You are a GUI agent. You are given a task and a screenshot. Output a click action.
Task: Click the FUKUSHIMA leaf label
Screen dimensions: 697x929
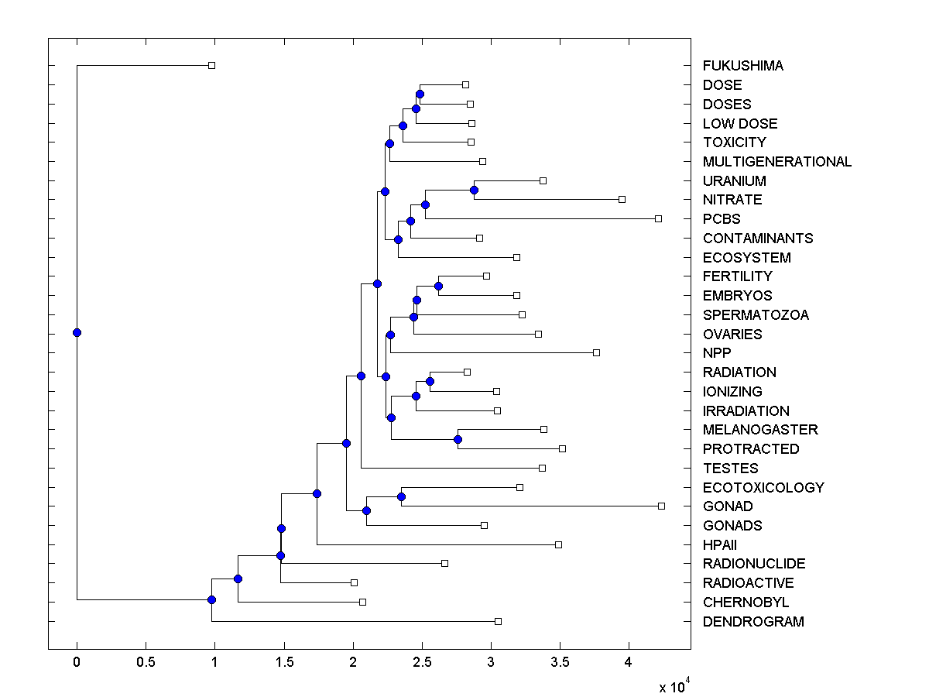742,66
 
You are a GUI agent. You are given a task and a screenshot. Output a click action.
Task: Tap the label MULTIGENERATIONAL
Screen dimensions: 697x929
776,162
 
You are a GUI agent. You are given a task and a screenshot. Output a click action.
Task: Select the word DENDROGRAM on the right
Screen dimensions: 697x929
752,622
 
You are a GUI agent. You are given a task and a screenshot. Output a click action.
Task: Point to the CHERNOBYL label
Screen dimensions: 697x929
746,603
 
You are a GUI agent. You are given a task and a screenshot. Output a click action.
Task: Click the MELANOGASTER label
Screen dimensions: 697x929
759,430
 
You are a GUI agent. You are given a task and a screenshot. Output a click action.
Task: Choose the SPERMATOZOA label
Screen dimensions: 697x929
755,315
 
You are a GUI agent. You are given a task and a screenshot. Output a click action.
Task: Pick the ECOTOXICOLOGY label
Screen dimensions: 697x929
763,488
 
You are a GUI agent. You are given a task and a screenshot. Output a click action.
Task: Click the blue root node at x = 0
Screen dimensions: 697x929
77,333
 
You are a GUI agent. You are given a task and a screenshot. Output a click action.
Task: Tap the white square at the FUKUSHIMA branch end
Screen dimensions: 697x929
211,66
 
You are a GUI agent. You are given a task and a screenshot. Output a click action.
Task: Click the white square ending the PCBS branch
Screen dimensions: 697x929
658,219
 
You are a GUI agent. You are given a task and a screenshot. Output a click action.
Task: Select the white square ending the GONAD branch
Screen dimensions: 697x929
661,506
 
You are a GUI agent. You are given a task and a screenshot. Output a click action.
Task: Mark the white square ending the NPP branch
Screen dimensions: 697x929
596,353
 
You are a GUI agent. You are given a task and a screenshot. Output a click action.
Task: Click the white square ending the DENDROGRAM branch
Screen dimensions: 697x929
498,622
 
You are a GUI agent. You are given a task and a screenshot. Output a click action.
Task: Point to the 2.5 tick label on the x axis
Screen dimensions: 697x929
422,662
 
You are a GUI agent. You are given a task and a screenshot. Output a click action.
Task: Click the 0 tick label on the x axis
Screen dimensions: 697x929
77,662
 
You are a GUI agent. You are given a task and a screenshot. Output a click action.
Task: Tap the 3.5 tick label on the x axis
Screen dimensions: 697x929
560,662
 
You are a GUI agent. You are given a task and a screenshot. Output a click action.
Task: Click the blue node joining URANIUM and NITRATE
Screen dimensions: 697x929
474,191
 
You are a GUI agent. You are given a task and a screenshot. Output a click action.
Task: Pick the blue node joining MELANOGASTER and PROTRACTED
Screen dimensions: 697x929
458,440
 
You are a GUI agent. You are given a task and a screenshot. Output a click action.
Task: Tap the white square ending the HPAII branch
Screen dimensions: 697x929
558,545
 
